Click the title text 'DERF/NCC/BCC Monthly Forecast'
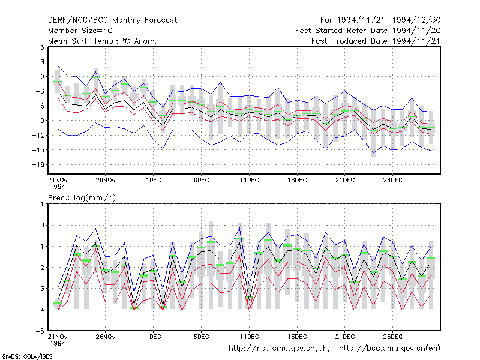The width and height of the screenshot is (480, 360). (x=112, y=20)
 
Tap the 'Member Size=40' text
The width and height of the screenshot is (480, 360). (x=80, y=31)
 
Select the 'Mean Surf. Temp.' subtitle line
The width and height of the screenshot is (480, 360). (x=103, y=41)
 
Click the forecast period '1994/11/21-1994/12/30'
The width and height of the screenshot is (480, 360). (x=389, y=20)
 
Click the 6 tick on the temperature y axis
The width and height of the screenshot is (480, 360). (x=42, y=47)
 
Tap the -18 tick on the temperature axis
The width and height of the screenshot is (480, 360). (x=38, y=164)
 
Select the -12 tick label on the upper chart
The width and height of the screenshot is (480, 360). (x=38, y=136)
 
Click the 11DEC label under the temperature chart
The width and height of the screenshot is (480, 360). (x=249, y=180)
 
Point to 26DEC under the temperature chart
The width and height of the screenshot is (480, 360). (x=393, y=180)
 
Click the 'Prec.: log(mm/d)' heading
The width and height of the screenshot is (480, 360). (x=82, y=198)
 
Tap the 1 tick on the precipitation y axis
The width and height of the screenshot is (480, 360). (x=42, y=204)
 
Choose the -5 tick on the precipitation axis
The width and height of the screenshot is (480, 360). (x=40, y=331)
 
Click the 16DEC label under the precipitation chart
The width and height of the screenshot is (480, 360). (x=297, y=337)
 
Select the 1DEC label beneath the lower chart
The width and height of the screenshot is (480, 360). (x=154, y=337)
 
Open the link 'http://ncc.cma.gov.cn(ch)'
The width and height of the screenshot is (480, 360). (x=279, y=349)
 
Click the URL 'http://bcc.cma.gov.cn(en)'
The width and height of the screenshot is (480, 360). (x=389, y=349)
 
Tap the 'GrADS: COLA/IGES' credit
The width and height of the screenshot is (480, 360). (x=27, y=356)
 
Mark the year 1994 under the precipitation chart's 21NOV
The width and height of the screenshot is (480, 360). (x=58, y=343)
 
